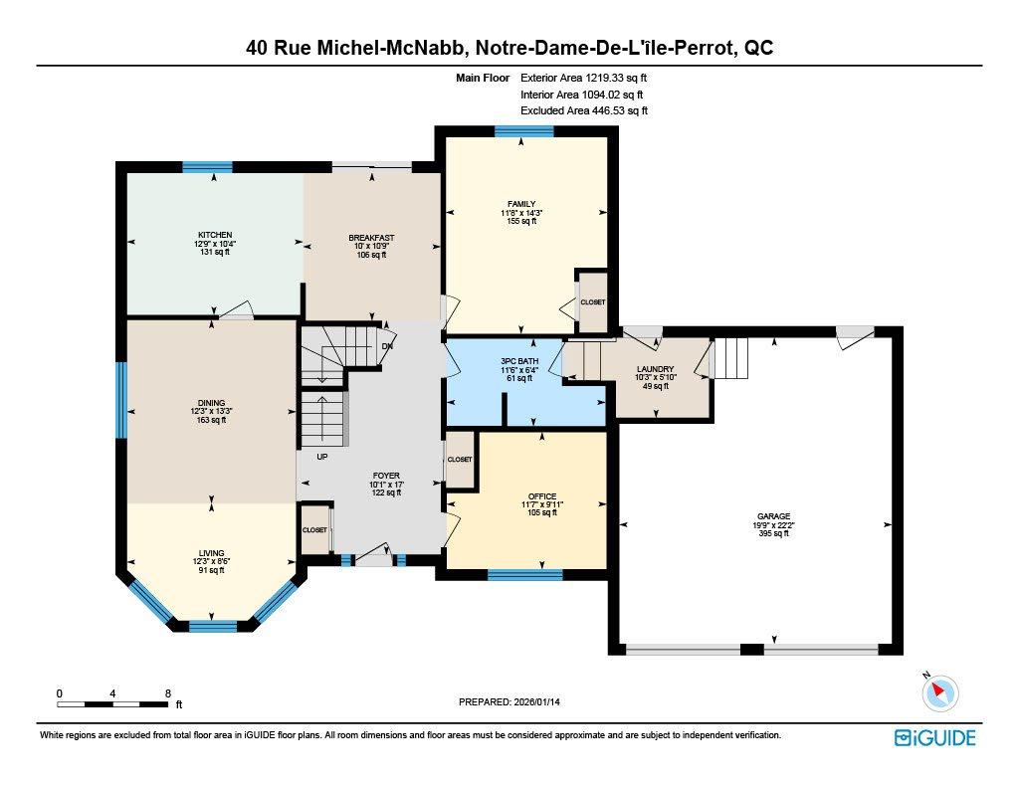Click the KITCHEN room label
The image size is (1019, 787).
[x=214, y=236]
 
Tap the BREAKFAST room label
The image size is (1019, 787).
[x=371, y=238]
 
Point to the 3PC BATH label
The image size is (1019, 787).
[x=519, y=362]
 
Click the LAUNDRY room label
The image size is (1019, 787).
[x=656, y=369]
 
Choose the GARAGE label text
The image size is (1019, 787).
[x=771, y=516]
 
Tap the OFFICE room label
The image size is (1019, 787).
[x=542, y=496]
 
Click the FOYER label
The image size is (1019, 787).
[x=386, y=476]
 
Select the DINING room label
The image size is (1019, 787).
[x=211, y=403]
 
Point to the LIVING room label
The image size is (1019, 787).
[x=211, y=553]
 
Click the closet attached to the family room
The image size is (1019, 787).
[x=592, y=301]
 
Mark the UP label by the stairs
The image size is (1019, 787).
[x=322, y=458]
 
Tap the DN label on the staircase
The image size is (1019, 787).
[x=387, y=346]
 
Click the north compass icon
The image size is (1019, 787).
[x=938, y=692]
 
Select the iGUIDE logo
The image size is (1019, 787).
[x=934, y=737]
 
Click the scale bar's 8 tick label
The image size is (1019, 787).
[x=168, y=692]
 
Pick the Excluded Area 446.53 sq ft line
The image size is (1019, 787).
[x=584, y=111]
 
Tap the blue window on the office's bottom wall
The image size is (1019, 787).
[x=524, y=574]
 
